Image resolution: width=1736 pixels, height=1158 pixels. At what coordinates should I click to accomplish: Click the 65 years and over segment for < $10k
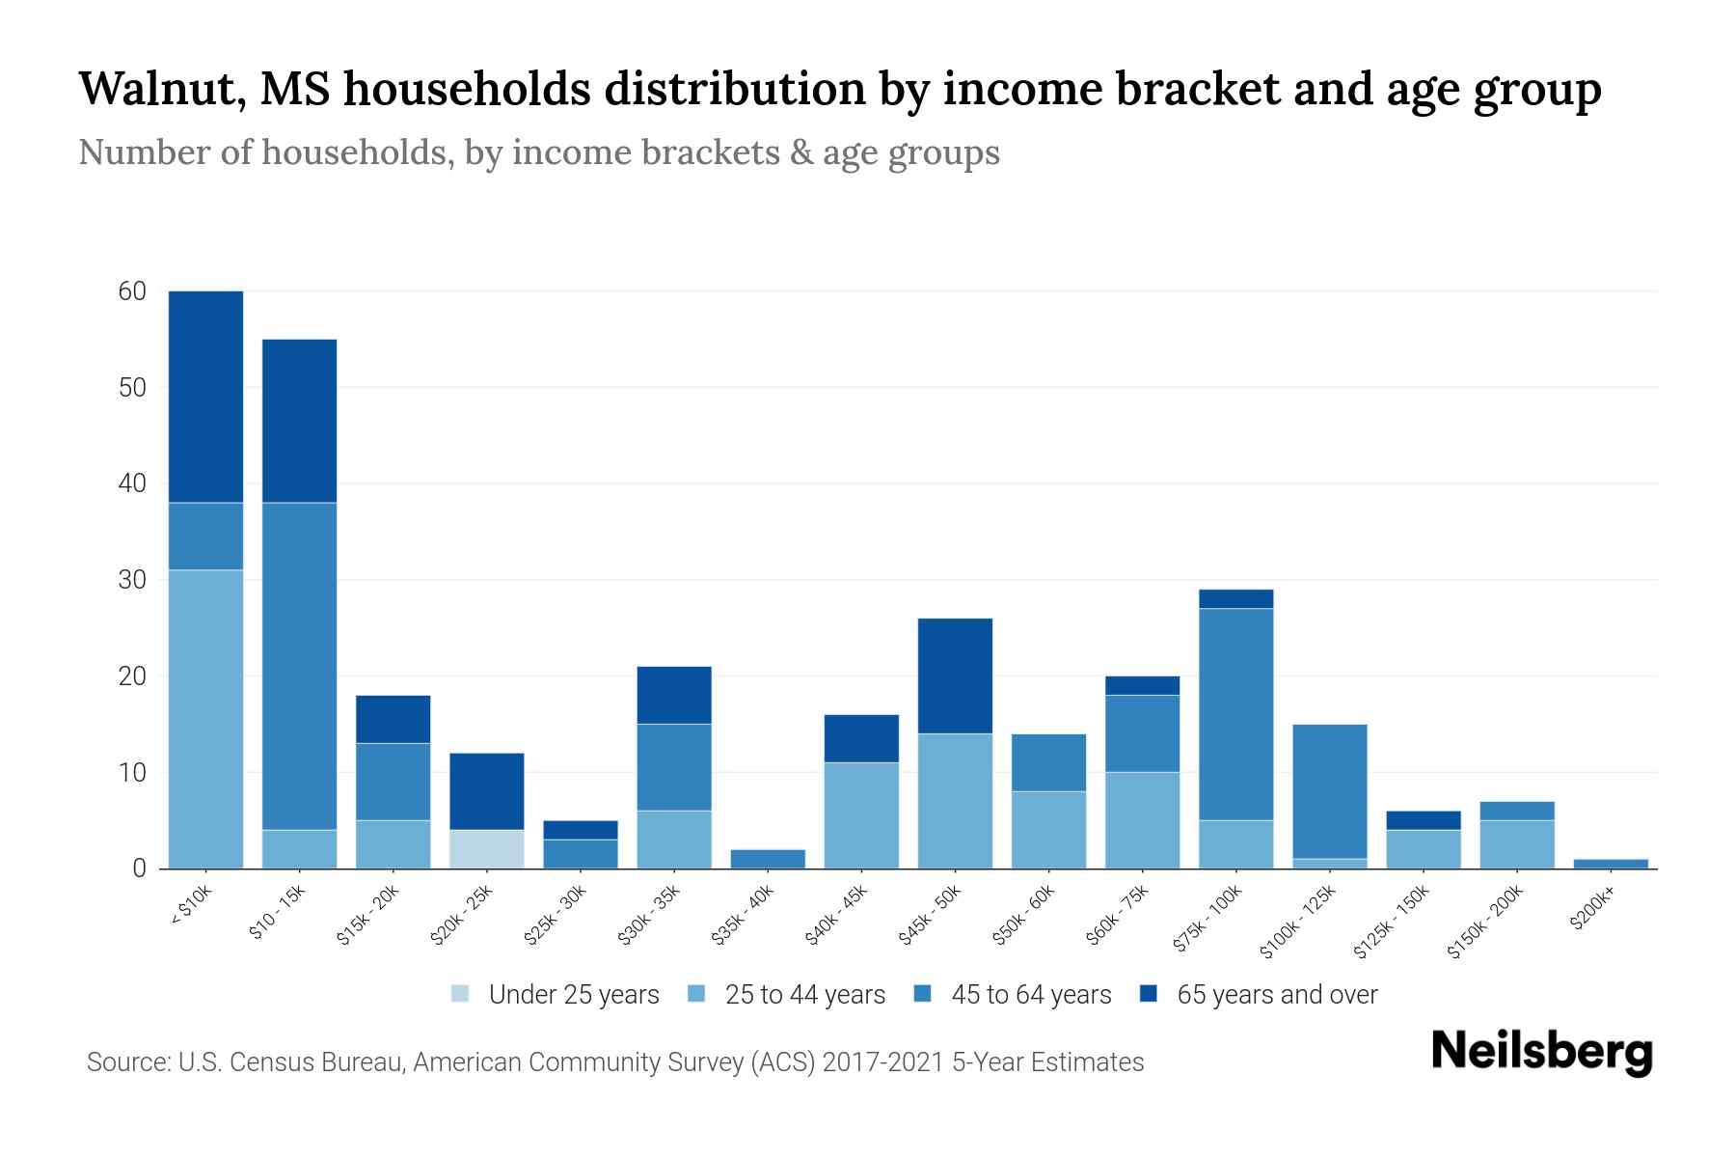pyautogui.click(x=205, y=396)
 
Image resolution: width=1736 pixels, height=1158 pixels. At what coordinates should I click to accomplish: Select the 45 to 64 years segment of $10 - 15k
pyautogui.click(x=299, y=666)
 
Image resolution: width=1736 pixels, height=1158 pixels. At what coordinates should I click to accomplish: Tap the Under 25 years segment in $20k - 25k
pyautogui.click(x=486, y=849)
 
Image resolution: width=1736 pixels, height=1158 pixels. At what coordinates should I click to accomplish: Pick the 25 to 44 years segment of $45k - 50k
pyautogui.click(x=955, y=801)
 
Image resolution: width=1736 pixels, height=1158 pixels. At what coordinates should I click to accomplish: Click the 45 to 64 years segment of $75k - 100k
pyautogui.click(x=1235, y=714)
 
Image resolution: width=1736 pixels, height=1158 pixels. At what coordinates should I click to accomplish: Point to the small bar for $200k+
pyautogui.click(x=1611, y=864)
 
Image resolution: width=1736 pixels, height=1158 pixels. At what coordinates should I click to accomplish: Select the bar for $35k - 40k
pyautogui.click(x=768, y=859)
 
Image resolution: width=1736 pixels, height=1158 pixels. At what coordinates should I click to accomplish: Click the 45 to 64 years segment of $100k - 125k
pyautogui.click(x=1329, y=791)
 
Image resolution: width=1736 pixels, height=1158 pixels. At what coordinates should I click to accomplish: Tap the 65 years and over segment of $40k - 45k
pyautogui.click(x=861, y=738)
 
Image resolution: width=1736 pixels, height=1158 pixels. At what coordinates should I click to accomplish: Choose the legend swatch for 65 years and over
pyautogui.click(x=1149, y=994)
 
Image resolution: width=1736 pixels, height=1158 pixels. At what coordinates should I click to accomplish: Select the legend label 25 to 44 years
pyautogui.click(x=804, y=995)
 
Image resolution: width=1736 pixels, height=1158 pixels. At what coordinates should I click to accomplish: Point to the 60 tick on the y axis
pyautogui.click(x=132, y=291)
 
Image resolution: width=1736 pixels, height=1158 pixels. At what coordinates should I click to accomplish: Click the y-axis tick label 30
pyautogui.click(x=132, y=580)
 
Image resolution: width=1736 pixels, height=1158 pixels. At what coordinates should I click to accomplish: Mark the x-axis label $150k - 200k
pyautogui.click(x=1486, y=922)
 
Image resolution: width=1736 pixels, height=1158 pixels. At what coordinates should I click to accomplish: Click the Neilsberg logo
pyautogui.click(x=1541, y=1052)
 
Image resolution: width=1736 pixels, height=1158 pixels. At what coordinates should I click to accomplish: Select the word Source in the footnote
pyautogui.click(x=126, y=1062)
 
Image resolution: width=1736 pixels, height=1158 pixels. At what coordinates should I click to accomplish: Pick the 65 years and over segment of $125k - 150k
pyautogui.click(x=1423, y=820)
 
